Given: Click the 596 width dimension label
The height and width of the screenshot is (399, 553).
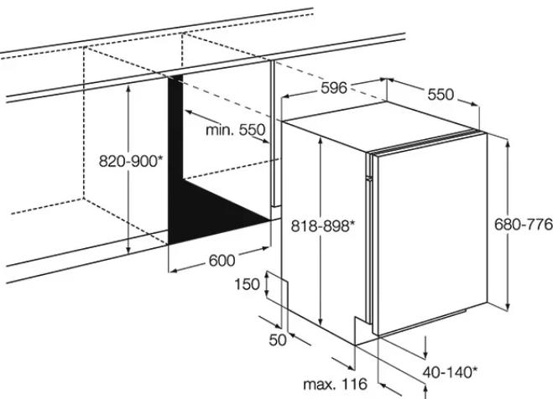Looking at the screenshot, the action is pos(334,88).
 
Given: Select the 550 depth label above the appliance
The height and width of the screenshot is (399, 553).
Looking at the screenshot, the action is pos(441,95).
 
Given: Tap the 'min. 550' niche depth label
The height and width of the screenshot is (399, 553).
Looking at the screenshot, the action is pos(235,130).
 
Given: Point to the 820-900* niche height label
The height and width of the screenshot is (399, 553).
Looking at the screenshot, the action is pos(131,161).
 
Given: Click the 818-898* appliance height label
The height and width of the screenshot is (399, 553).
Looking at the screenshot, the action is pos(322,225).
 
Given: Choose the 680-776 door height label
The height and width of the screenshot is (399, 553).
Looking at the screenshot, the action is pos(524,225).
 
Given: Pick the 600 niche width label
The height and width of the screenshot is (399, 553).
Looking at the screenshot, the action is pos(222,261).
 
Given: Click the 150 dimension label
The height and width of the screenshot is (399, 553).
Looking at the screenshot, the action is pos(248,284).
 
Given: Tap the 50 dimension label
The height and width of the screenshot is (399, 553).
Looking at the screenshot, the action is pos(278,339).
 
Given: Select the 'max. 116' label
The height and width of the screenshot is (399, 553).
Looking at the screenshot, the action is pos(335,384).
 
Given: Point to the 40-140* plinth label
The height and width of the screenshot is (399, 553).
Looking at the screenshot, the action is pos(450,372).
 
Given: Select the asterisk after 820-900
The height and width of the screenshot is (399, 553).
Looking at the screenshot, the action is pos(160,158).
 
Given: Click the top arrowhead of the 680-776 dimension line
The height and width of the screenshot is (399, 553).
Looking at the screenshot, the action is pos(508,144).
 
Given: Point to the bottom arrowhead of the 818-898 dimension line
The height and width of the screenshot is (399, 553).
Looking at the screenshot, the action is pos(321,321).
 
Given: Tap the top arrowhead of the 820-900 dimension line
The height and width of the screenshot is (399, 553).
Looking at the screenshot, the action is pos(128,89).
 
